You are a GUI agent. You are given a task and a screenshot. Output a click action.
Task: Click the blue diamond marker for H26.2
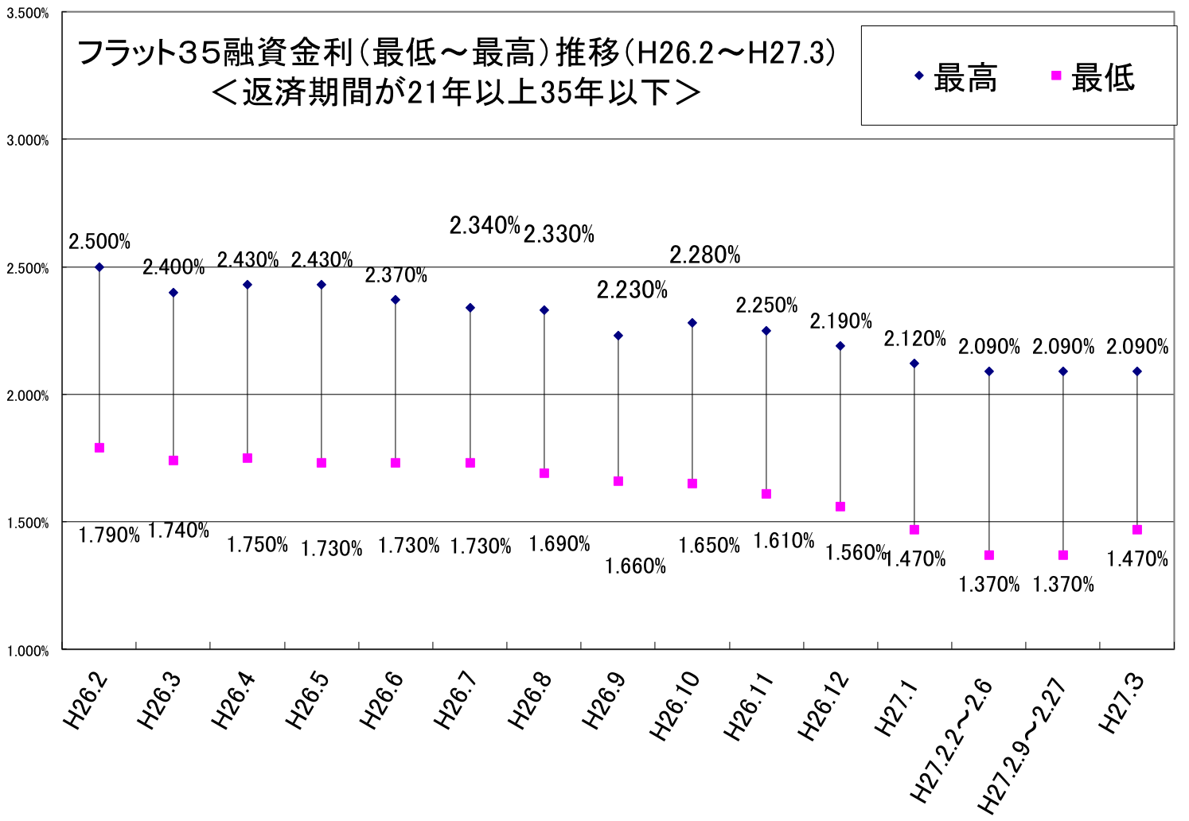click(x=99, y=267)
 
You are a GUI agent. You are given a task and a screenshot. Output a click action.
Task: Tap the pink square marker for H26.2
click(x=99, y=448)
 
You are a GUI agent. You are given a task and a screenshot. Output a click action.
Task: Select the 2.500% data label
click(x=99, y=242)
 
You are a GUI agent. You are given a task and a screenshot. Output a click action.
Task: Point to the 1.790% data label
click(x=109, y=535)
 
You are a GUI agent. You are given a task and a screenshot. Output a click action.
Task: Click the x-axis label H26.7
click(x=456, y=701)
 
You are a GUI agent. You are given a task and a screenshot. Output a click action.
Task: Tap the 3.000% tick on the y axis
click(x=28, y=141)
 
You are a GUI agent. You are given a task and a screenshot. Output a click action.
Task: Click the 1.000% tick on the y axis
click(x=28, y=651)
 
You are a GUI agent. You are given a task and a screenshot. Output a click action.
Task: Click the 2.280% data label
click(x=705, y=255)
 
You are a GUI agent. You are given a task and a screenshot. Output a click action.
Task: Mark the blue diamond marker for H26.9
click(x=618, y=336)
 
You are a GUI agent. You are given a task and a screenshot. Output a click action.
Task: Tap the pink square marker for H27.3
click(x=1137, y=530)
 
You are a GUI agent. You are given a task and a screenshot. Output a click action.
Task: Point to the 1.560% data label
click(x=856, y=552)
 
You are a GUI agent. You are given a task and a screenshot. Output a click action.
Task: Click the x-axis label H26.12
click(x=825, y=706)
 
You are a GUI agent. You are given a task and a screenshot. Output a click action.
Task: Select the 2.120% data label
click(x=915, y=339)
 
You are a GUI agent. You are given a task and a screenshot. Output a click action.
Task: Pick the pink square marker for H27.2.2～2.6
click(x=989, y=555)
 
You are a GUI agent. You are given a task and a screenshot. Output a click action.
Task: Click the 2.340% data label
click(x=485, y=226)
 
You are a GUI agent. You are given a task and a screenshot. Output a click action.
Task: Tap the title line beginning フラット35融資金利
click(x=457, y=54)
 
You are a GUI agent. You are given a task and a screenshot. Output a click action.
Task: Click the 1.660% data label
click(x=636, y=566)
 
